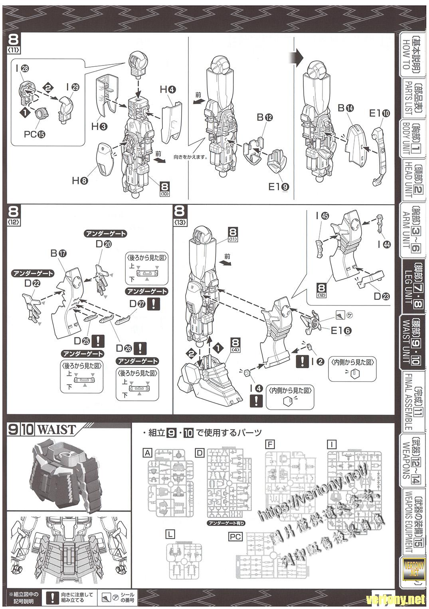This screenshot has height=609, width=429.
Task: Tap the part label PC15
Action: (34, 134)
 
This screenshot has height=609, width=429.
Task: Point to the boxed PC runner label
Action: (235, 537)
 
